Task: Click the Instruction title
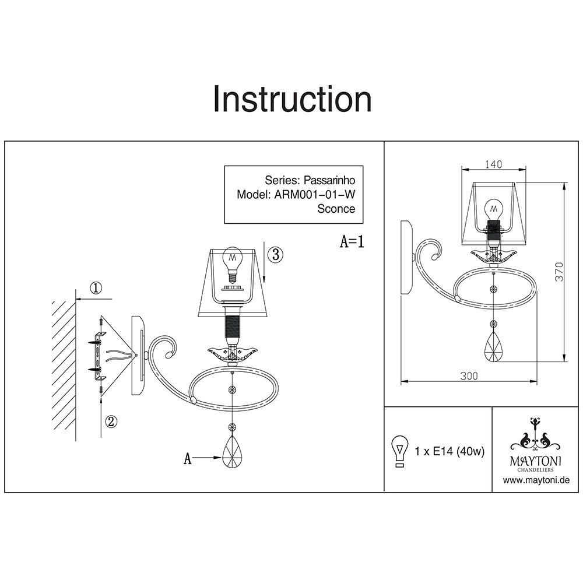292,99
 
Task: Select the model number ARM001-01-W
314,195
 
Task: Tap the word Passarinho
330,180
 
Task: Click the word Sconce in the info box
336,209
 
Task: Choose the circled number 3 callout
276,254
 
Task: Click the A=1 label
352,242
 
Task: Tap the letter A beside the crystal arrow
188,459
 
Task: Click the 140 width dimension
493,164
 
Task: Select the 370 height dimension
560,272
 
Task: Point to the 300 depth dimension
469,377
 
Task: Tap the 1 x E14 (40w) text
449,452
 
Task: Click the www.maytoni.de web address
536,480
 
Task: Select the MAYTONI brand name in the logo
536,460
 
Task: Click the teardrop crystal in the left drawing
233,451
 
